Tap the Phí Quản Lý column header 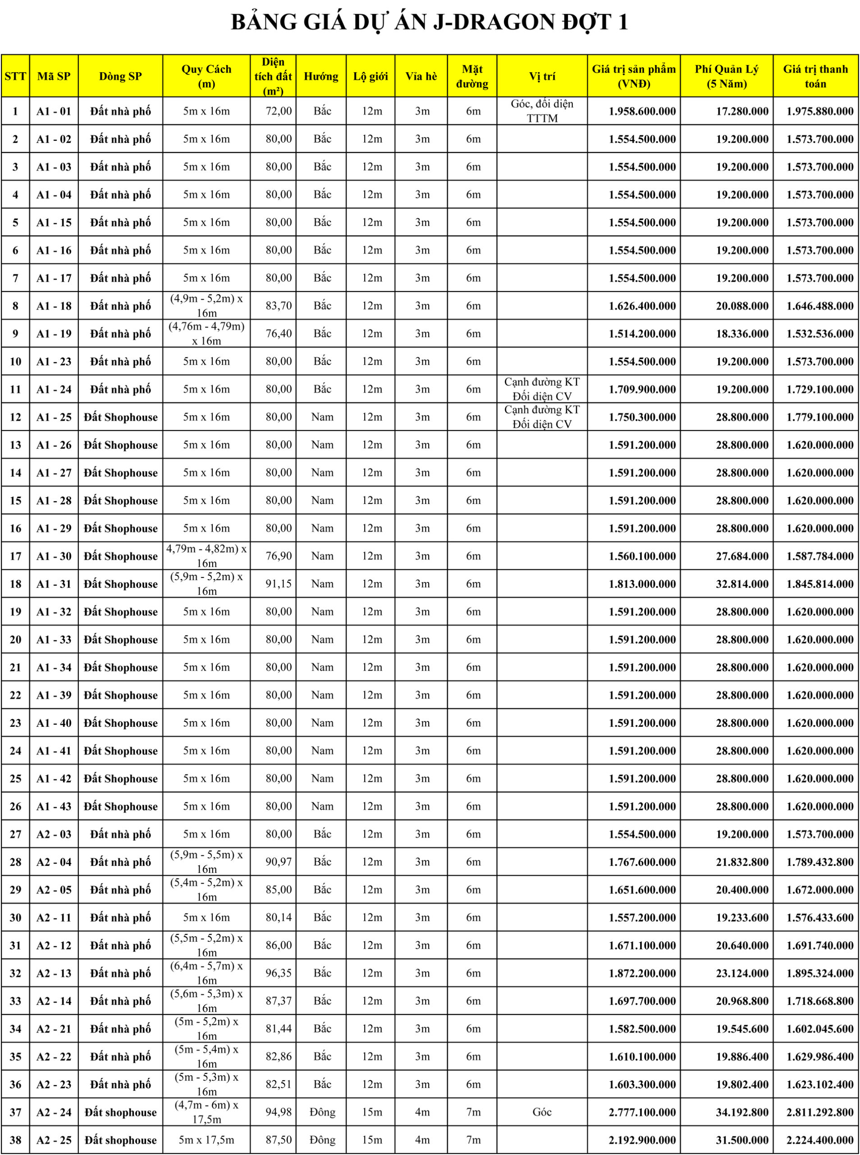[x=726, y=77]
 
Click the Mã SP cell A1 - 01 [x=54, y=111]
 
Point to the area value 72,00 [x=279, y=111]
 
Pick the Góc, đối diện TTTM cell [x=542, y=111]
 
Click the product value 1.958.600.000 [x=642, y=111]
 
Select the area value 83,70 [x=279, y=306]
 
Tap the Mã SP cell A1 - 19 [x=54, y=333]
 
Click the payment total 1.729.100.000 [x=819, y=389]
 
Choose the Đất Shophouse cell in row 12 [x=120, y=417]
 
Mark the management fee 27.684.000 [x=741, y=556]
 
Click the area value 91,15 [x=279, y=583]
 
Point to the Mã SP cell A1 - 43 [x=54, y=806]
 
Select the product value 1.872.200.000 [x=642, y=973]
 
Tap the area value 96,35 [x=279, y=973]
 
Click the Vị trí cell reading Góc [x=542, y=1112]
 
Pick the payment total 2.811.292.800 [x=819, y=1112]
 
